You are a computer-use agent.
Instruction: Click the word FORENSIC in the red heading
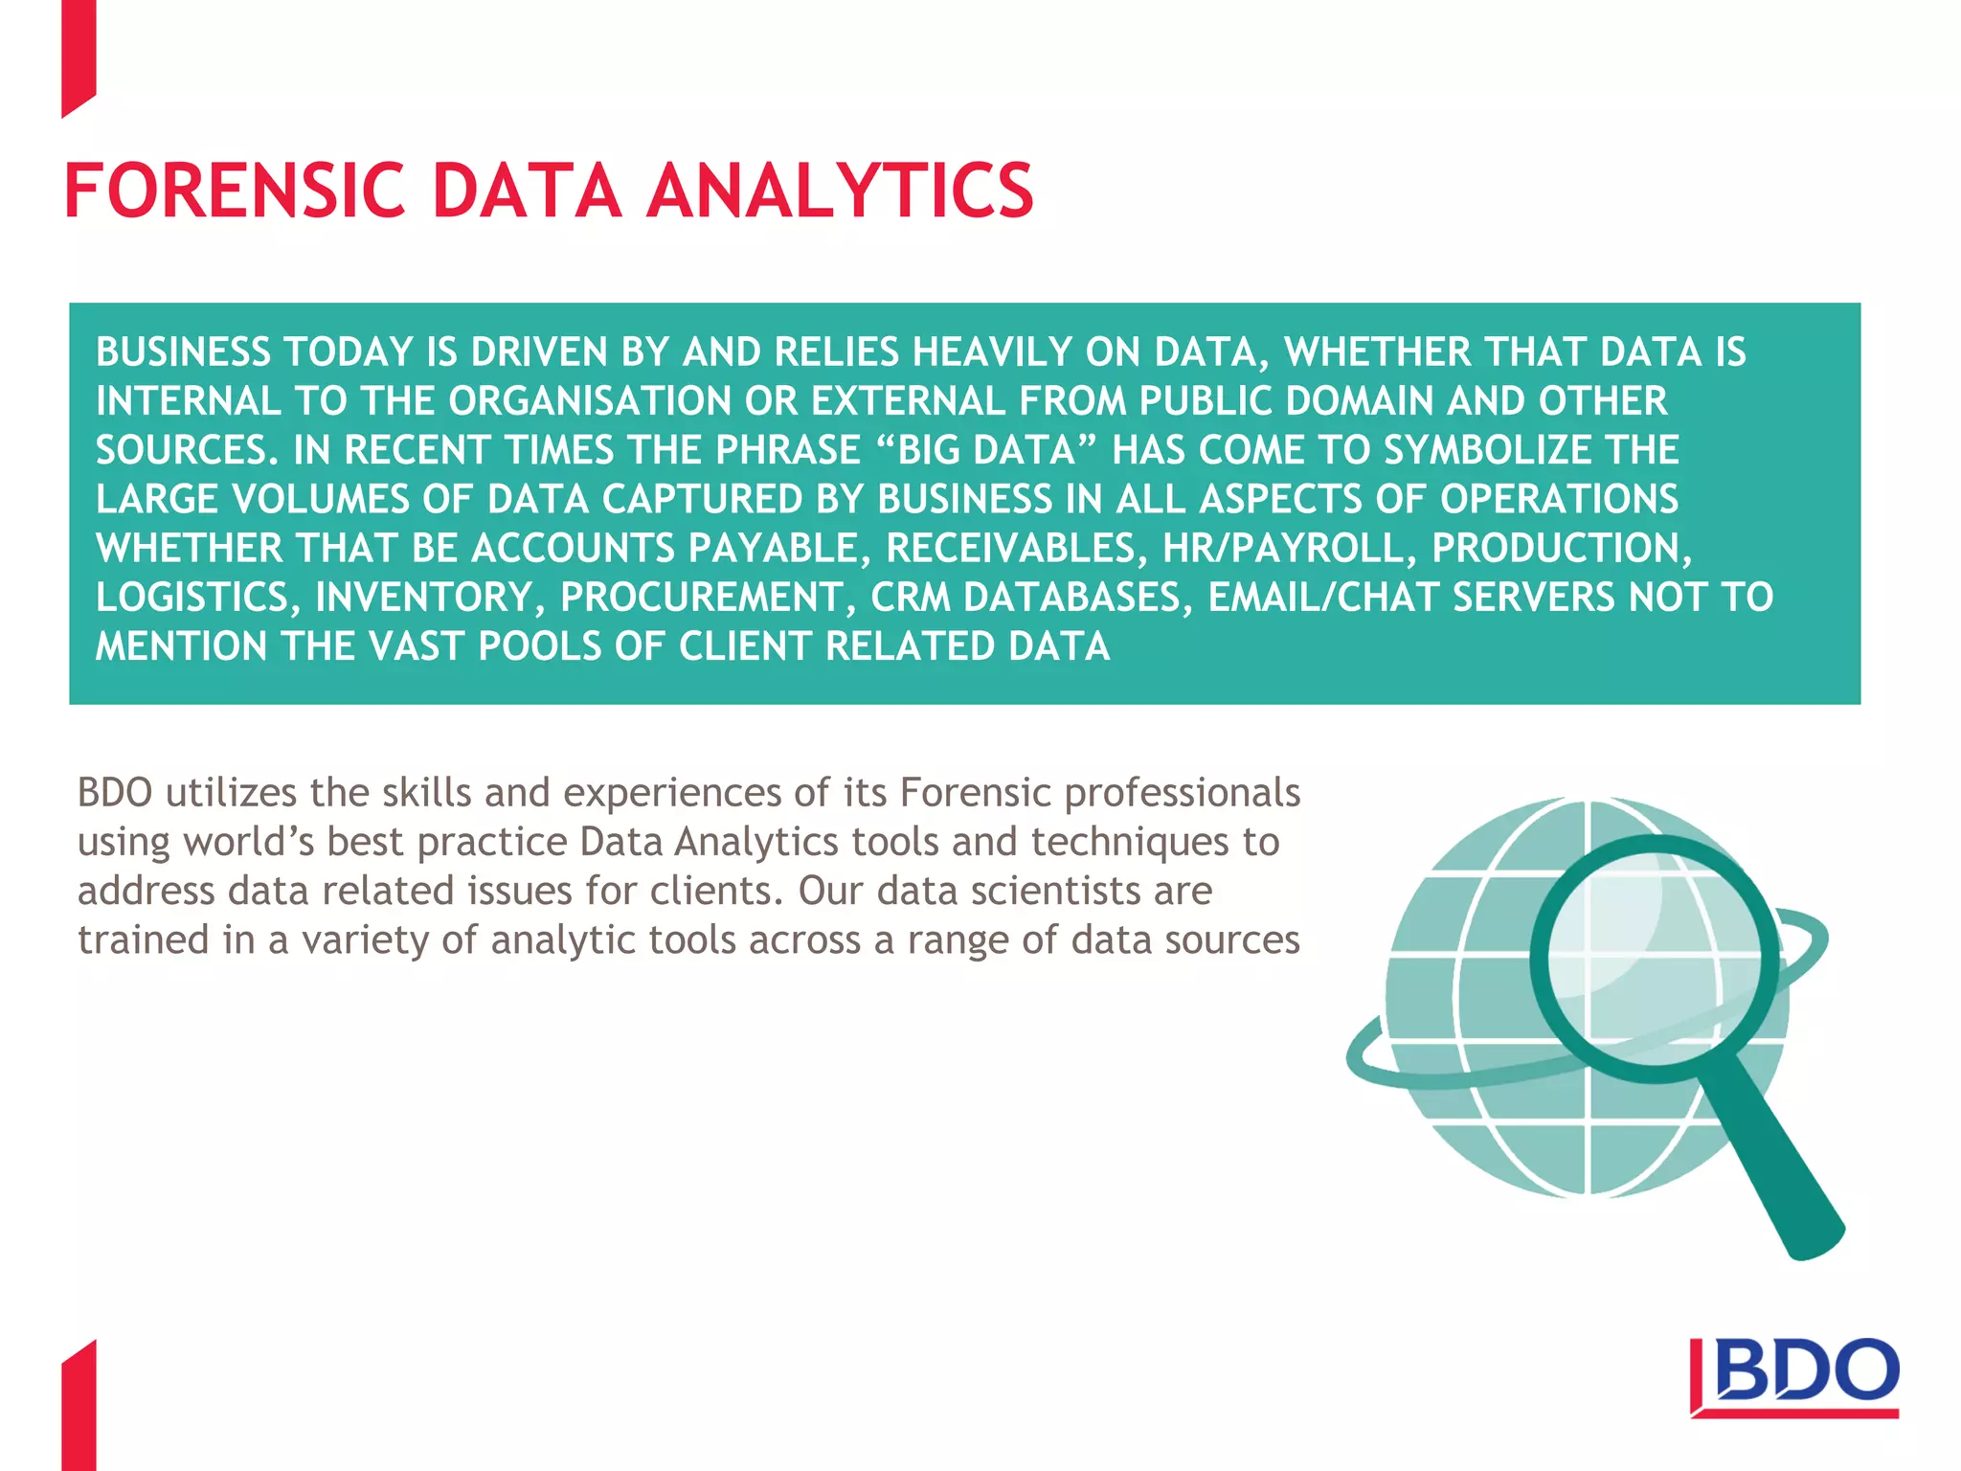click(236, 192)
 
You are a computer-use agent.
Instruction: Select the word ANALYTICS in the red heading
click(841, 192)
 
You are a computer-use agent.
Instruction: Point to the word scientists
click(1055, 892)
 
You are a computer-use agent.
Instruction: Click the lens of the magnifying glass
click(1653, 958)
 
